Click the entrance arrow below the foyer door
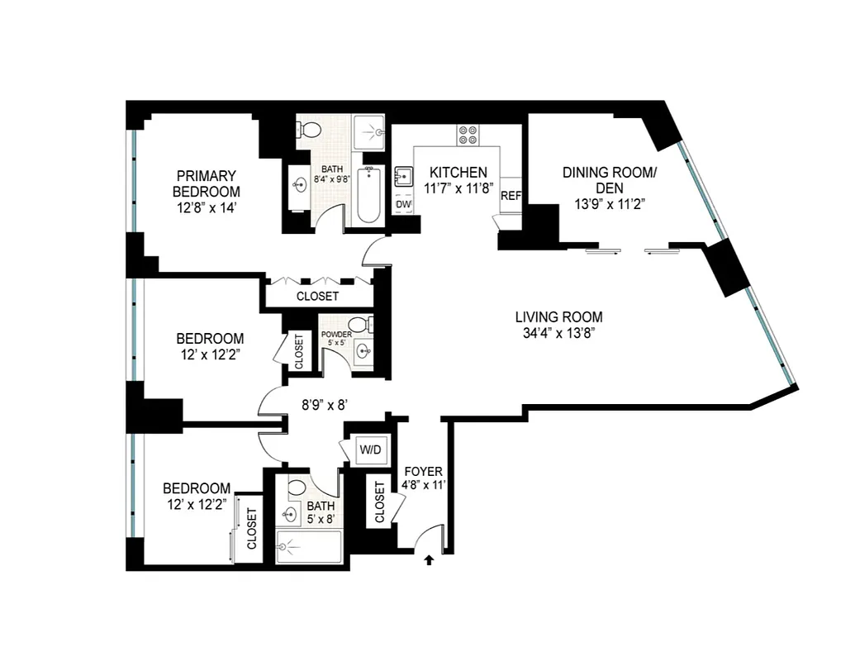(429, 560)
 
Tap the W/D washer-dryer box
(368, 450)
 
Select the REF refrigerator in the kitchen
(511, 196)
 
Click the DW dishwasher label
(403, 204)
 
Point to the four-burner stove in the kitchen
(468, 135)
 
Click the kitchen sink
(404, 175)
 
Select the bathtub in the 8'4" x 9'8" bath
(368, 196)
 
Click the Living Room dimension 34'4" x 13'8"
(558, 333)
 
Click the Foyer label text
(423, 472)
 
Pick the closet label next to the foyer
(379, 502)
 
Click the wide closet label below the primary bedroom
(317, 296)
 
